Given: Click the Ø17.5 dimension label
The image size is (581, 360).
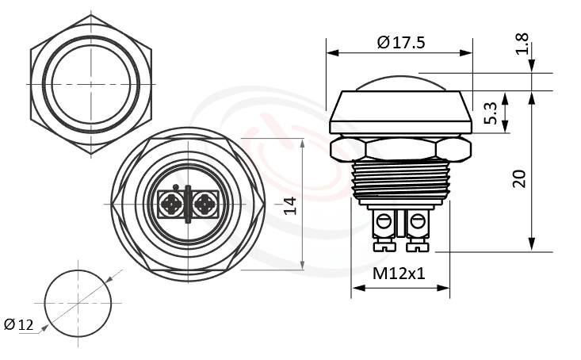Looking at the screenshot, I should point(401,43).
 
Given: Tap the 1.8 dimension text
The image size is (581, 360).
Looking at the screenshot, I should point(522,44).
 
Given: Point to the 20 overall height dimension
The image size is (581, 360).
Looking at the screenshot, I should point(519,178).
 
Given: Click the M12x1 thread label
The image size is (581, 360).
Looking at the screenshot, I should point(399,275).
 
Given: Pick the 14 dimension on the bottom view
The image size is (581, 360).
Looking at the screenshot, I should point(289,205).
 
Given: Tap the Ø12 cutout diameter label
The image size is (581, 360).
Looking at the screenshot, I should point(18,324).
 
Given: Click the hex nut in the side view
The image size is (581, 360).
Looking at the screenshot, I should point(400,148).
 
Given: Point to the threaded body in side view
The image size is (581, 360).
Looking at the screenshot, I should point(400,182).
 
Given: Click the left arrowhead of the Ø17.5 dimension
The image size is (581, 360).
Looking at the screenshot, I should point(332,53).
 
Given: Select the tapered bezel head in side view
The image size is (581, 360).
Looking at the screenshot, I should point(400,112).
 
